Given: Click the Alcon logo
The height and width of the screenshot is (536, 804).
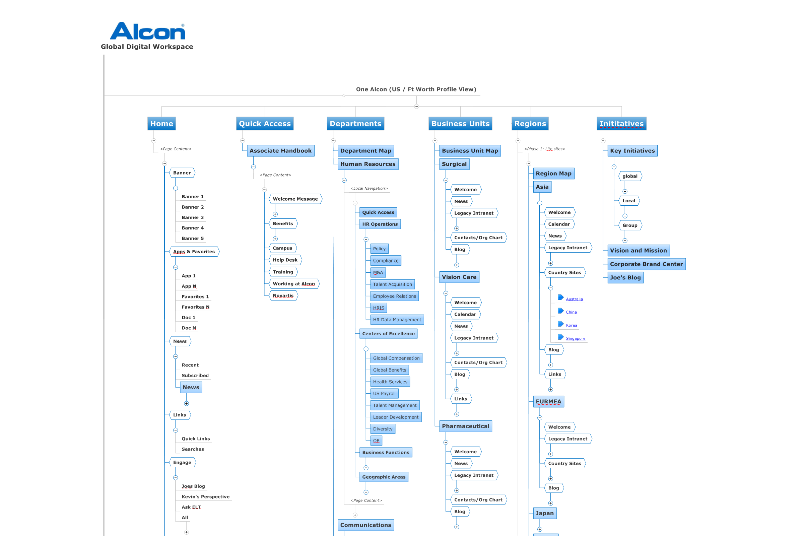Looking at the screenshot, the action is [x=147, y=31].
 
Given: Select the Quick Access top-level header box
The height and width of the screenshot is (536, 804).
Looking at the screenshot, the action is [x=265, y=124].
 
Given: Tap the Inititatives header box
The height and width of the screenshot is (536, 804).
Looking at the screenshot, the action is [x=621, y=124].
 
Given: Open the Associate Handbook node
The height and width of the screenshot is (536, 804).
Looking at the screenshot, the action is [x=280, y=151].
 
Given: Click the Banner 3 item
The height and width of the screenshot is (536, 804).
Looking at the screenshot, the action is [x=192, y=217].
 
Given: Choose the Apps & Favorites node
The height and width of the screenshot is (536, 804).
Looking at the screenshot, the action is [x=194, y=252].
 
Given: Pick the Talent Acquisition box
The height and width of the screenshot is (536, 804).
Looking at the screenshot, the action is [x=392, y=284].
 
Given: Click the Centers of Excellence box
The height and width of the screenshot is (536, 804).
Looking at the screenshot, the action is [x=388, y=334].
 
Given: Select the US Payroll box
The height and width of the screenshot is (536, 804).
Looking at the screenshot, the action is [x=384, y=393].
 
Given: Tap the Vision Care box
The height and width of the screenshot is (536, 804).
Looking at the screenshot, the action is [x=459, y=277].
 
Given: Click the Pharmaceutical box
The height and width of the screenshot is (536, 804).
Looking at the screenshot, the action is [x=465, y=426].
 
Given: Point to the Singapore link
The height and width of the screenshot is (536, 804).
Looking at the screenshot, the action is [x=575, y=338].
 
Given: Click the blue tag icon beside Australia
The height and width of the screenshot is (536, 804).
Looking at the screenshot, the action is [x=560, y=297].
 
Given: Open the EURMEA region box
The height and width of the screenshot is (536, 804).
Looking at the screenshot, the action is [x=548, y=402].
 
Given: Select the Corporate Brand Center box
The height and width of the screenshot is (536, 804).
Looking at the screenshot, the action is [x=646, y=264].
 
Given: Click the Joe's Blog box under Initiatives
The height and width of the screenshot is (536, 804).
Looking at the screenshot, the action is [x=625, y=278].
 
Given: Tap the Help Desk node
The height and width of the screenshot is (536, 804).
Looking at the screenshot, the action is [x=285, y=260].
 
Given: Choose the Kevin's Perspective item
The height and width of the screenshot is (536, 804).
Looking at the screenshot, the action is [x=205, y=497].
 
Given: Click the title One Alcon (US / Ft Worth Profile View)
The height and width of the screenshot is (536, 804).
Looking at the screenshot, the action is [x=416, y=89].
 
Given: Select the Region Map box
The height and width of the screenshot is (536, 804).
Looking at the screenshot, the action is [x=553, y=174].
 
